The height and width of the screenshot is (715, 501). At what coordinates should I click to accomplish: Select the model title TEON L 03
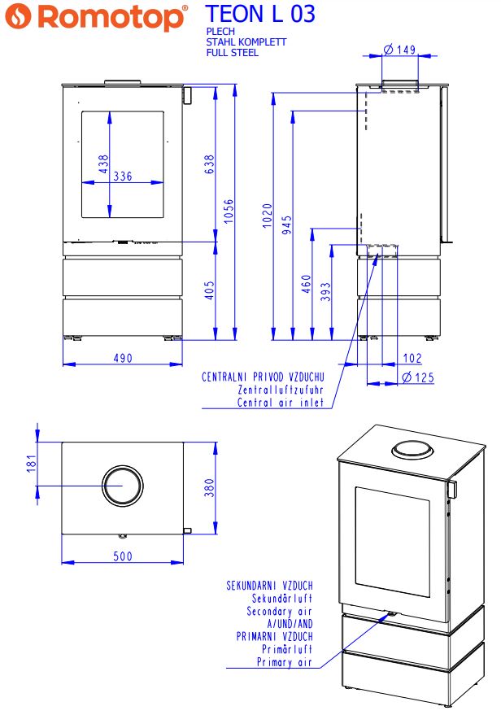(x=260, y=14)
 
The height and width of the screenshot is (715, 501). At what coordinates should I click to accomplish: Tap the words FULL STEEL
(x=233, y=53)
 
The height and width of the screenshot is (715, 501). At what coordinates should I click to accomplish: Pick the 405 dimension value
(x=209, y=290)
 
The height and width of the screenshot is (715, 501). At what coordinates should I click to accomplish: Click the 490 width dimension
(x=123, y=358)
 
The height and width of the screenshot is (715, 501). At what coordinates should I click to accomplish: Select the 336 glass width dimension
(x=123, y=177)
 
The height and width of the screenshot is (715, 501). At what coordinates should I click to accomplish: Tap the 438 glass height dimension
(x=103, y=164)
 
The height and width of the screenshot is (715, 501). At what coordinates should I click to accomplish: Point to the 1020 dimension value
(x=268, y=217)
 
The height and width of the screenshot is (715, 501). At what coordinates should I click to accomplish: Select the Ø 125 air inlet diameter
(x=418, y=377)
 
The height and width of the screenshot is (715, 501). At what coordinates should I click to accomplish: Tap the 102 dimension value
(x=412, y=358)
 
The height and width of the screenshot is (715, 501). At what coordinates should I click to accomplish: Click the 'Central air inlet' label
(x=281, y=402)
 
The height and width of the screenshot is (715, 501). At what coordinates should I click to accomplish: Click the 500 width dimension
(x=123, y=556)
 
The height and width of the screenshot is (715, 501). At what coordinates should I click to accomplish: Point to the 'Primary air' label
(x=285, y=662)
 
